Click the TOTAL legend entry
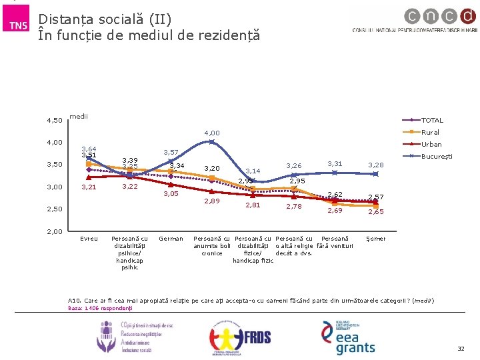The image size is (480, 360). pos(433,121)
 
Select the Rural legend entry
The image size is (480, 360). pos(431,132)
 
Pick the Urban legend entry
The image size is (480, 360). pos(431,144)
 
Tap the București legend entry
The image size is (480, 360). pos(437,156)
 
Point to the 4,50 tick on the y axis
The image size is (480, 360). pos(55,121)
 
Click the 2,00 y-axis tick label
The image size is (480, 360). pos(55,231)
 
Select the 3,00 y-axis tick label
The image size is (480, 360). pos(55,187)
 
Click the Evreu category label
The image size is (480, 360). pos(89,239)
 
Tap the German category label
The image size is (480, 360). pos(171,239)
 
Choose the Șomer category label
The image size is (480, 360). pos(376,239)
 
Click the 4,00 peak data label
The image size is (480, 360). pos(211,133)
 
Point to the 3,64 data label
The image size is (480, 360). pos(89,149)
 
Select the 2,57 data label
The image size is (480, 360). pos(376,197)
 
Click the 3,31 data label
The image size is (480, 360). pos(335,164)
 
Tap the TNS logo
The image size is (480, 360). pos(17,25)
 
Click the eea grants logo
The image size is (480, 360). pos(349,337)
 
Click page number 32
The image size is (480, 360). pos(461,349)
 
